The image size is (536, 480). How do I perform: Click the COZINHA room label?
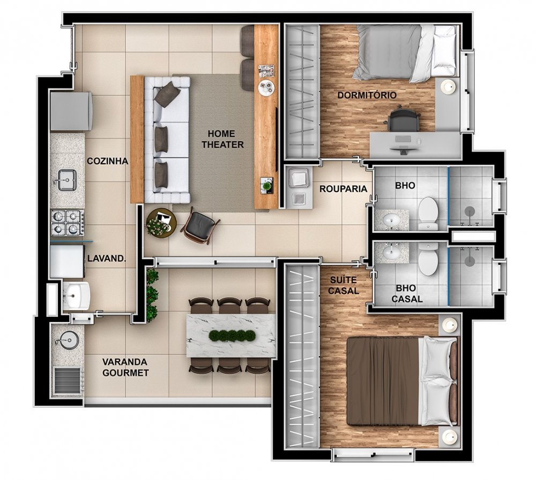tap(107, 161)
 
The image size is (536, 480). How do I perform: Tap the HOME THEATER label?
tap(222, 139)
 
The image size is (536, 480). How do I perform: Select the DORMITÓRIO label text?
tap(367, 95)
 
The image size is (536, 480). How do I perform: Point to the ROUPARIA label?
tap(343, 189)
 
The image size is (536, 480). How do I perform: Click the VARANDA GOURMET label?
tap(125, 367)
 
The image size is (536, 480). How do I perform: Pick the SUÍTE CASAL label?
tap(343, 285)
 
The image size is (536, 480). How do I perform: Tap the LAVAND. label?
tap(107, 258)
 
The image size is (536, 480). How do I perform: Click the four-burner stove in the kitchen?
tap(68, 223)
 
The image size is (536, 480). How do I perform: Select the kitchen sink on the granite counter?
tap(66, 180)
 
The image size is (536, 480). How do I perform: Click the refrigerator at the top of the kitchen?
tap(71, 111)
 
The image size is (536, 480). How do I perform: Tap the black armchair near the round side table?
tap(200, 226)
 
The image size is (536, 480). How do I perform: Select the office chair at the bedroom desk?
tap(404, 119)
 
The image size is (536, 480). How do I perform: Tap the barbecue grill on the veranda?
tap(68, 382)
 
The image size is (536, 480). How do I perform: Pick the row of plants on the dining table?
tap(232, 336)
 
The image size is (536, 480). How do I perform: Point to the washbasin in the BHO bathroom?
tap(391, 219)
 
